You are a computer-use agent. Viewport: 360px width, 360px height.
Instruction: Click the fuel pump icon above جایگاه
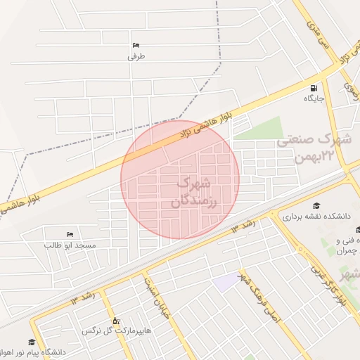coord(313,88)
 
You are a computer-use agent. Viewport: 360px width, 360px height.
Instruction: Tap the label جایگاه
coord(314,98)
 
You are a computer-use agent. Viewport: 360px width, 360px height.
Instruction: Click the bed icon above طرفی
coord(136,46)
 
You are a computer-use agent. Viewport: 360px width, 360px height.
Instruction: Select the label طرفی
coord(136,57)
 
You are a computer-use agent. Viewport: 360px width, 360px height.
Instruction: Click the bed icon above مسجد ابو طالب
coord(69,233)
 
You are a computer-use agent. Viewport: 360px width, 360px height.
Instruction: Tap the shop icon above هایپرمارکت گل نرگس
coord(116,320)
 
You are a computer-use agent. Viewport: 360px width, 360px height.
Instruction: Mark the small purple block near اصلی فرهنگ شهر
coord(227,283)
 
